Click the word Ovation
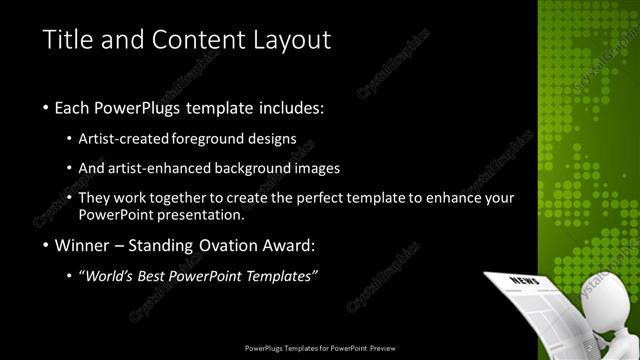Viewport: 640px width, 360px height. pyautogui.click(x=231, y=245)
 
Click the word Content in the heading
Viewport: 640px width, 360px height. pyautogui.click(x=187, y=40)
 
